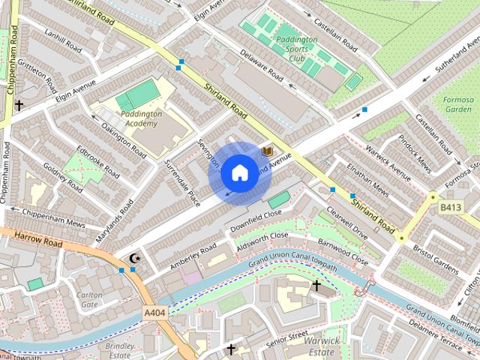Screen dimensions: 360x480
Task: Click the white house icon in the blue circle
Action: [238, 173]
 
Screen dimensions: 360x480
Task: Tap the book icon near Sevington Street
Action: [267, 151]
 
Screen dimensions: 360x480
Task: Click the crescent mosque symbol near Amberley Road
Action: [135, 259]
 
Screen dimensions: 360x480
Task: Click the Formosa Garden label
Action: [457, 103]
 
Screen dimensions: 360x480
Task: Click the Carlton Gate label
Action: [89, 299]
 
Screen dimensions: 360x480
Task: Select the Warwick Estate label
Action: [321, 346]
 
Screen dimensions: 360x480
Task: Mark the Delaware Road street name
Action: [261, 65]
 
